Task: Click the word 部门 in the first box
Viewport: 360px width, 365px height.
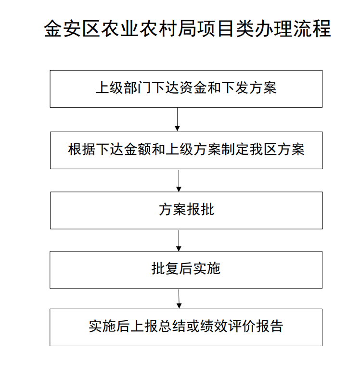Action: pos(138,88)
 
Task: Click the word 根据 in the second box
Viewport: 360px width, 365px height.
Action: pos(81,149)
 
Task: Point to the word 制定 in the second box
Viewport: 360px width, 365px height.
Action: pos(235,149)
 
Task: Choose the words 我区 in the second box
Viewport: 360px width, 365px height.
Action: pos(263,149)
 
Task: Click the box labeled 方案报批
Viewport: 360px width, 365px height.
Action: pos(186,211)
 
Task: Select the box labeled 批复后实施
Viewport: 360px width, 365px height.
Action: pos(186,270)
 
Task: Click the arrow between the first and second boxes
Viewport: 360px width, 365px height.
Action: pos(177,119)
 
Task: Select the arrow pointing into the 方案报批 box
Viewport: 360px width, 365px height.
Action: pos(179,181)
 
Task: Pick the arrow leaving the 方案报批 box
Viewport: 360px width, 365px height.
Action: pos(179,241)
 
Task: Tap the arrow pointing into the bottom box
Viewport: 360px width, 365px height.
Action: pos(179,299)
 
